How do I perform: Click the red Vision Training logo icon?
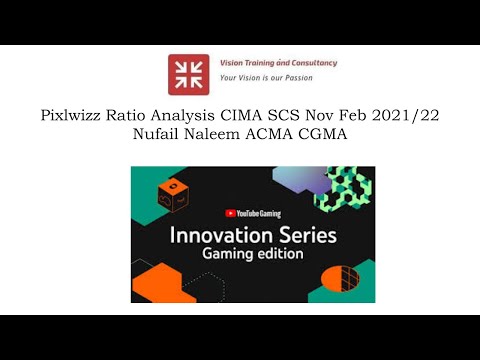coord(188,74)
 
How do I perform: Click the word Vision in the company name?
coord(233,63)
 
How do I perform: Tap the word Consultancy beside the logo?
coord(309,63)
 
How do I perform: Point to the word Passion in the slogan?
coord(315,77)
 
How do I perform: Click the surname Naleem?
coord(216,136)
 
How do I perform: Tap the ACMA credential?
coord(273,136)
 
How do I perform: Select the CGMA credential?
coord(327,136)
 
